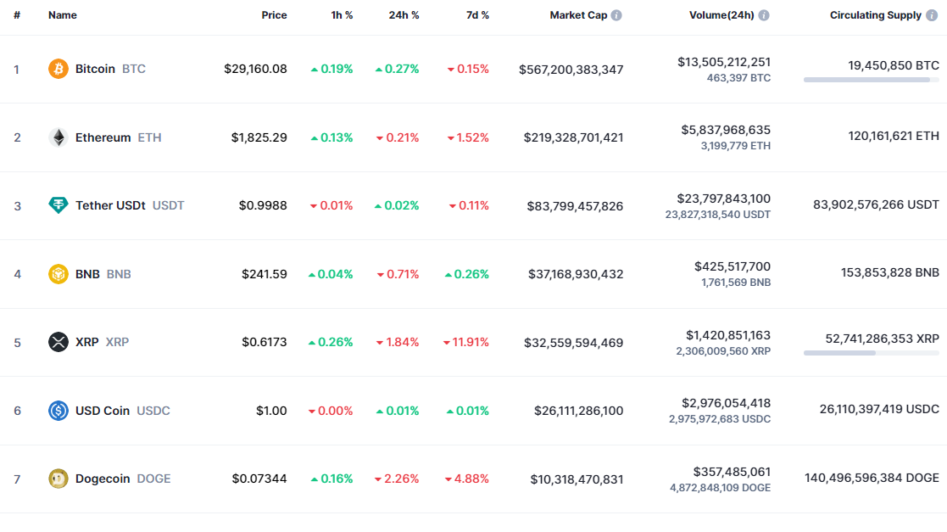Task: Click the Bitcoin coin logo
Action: (x=58, y=69)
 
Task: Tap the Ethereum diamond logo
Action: (x=58, y=137)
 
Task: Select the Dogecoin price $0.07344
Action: (x=259, y=479)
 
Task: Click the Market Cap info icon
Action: (x=616, y=15)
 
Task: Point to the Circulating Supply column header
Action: (x=876, y=15)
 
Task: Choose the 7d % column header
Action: (x=477, y=15)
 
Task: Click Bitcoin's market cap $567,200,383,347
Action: (x=571, y=69)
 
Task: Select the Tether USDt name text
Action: (x=110, y=205)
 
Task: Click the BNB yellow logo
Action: (x=58, y=274)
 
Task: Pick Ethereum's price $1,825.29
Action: (x=259, y=137)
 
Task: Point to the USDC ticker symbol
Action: (x=153, y=411)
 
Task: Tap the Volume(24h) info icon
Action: (x=764, y=15)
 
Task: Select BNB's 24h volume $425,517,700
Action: (x=733, y=266)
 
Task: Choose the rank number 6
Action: (x=17, y=411)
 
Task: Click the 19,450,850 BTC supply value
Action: (x=894, y=65)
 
